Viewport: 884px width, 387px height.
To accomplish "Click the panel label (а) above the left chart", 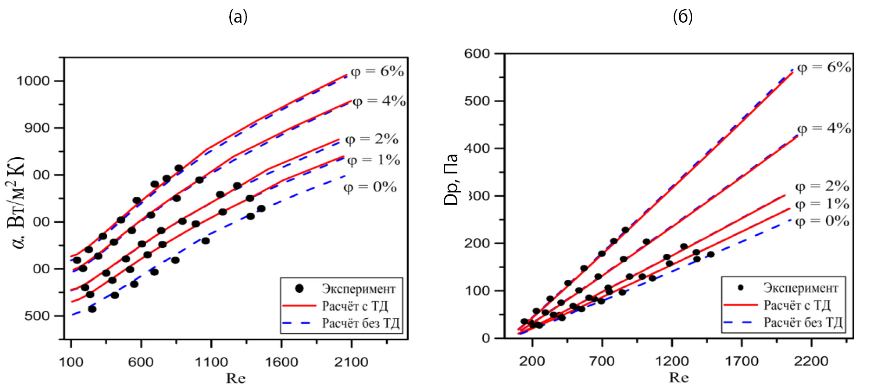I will click(x=238, y=17).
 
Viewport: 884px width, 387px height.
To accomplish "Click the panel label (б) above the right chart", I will click(x=682, y=17).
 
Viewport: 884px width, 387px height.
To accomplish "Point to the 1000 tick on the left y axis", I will click(x=33, y=81).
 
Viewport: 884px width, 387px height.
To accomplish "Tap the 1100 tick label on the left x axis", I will click(x=211, y=362).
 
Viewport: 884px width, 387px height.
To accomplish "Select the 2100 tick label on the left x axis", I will click(x=351, y=362).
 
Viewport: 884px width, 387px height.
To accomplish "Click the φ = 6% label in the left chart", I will click(x=377, y=71).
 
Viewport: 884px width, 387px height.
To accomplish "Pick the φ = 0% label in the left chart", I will click(x=370, y=187).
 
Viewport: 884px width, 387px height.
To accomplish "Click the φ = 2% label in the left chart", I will click(x=372, y=139).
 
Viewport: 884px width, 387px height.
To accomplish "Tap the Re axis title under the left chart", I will click(x=235, y=379).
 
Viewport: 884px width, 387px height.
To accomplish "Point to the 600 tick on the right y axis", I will click(x=477, y=54).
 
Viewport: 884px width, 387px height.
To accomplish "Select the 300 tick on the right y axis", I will click(x=478, y=196).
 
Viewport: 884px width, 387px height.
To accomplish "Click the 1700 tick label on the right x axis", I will click(x=741, y=361).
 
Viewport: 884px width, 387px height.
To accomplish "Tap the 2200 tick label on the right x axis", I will click(x=811, y=361).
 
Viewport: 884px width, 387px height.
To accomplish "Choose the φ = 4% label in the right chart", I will click(x=824, y=129).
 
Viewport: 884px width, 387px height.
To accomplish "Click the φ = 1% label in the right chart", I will click(x=822, y=204).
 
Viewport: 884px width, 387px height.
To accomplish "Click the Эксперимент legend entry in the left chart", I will click(x=358, y=289).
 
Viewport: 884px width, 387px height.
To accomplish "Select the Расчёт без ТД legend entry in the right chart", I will click(x=803, y=322).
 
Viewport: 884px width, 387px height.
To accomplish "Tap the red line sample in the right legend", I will click(x=740, y=305).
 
